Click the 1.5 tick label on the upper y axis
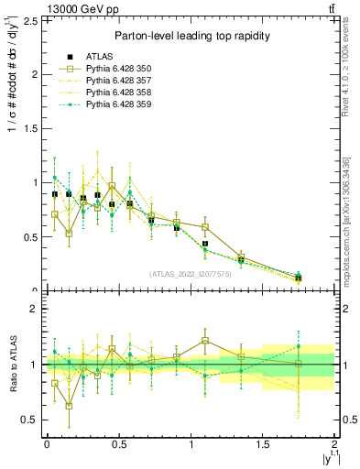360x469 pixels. tap(31, 128)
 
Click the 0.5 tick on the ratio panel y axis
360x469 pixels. tap(31, 420)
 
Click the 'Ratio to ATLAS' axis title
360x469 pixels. tap(11, 365)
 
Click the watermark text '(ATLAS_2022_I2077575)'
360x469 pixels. tap(191, 274)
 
